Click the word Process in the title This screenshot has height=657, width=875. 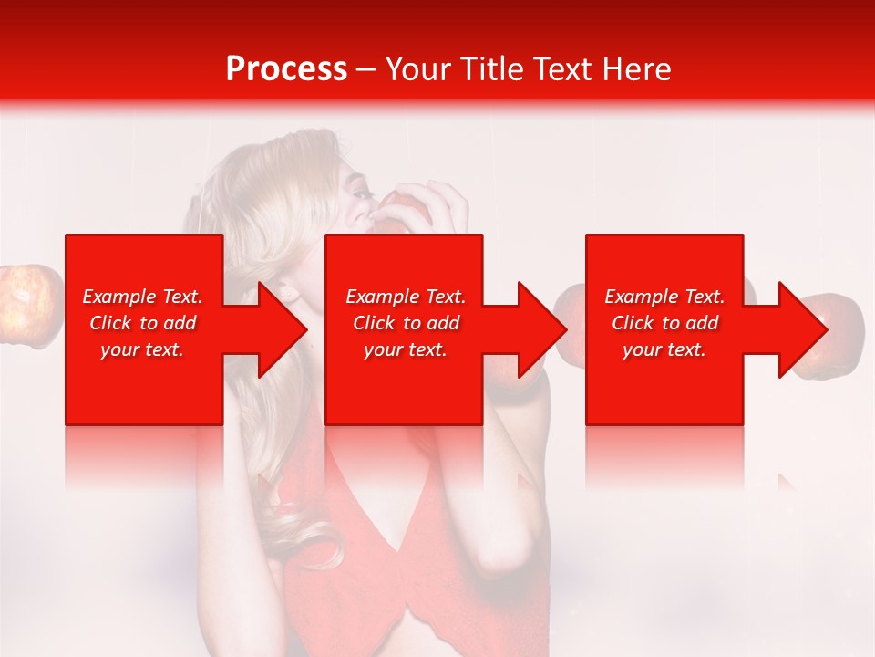(286, 68)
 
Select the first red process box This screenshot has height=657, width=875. (144, 383)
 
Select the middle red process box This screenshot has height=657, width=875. (404, 383)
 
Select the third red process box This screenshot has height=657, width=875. (664, 383)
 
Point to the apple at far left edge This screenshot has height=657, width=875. (27, 305)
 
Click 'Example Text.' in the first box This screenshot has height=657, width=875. (142, 297)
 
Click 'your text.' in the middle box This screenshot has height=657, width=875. (405, 349)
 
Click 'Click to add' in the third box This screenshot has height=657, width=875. (664, 323)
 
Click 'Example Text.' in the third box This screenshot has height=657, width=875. (664, 297)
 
